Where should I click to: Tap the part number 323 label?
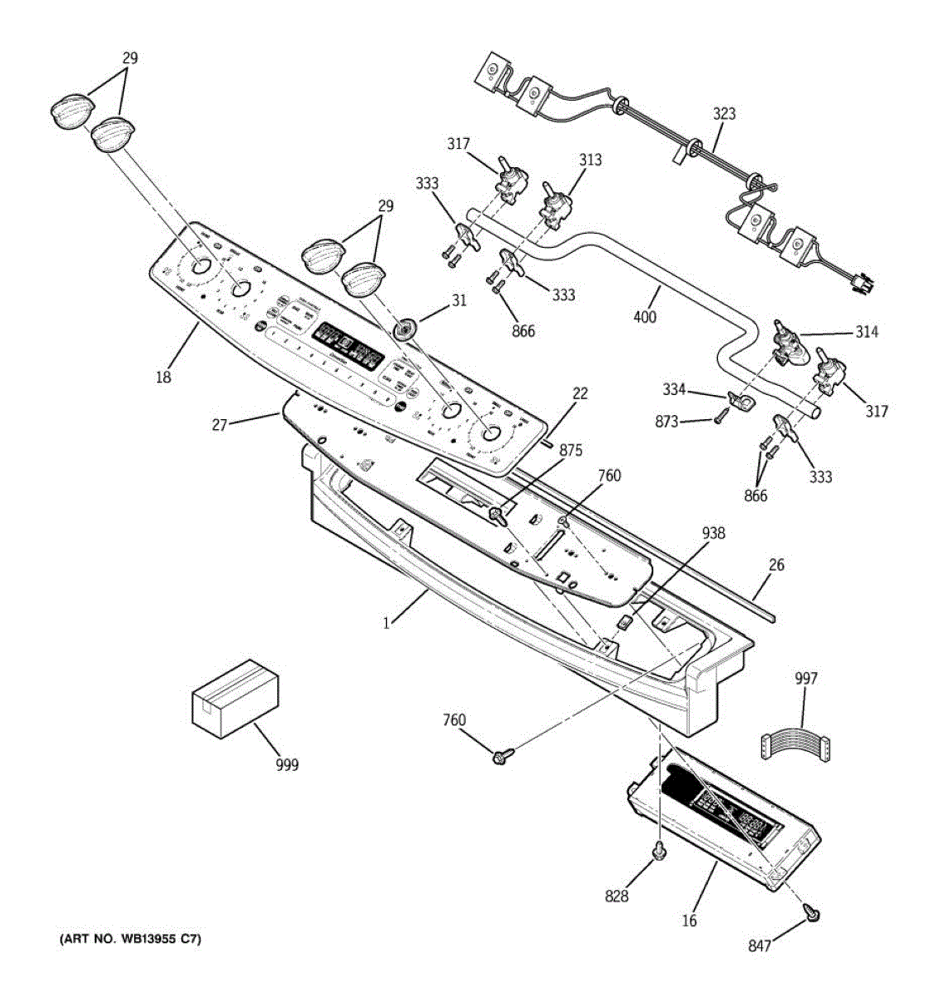point(723,114)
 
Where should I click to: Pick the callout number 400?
point(645,316)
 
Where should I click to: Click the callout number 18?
point(163,377)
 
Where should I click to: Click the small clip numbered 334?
point(737,401)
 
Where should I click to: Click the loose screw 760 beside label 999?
point(502,755)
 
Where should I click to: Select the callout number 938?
point(713,533)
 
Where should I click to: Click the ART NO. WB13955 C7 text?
point(130,940)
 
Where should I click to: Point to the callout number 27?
point(219,424)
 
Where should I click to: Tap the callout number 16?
point(689,920)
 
